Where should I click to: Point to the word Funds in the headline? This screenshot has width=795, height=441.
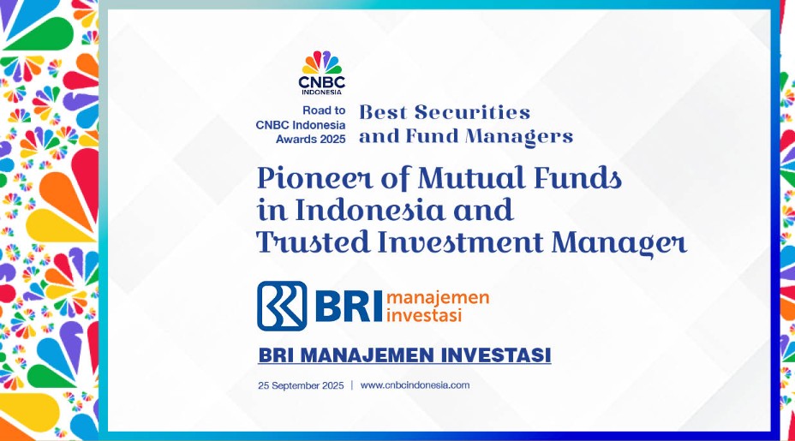pyautogui.click(x=577, y=178)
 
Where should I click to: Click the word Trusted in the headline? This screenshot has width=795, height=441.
pyautogui.click(x=314, y=241)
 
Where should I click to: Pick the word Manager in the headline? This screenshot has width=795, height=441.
pyautogui.click(x=619, y=243)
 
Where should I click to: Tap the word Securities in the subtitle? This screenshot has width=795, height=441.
pyautogui.click(x=472, y=112)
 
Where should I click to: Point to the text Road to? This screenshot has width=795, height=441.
pyautogui.click(x=324, y=110)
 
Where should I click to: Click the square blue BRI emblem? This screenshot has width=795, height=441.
pyautogui.click(x=282, y=306)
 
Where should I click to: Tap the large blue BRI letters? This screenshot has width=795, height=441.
pyautogui.click(x=348, y=307)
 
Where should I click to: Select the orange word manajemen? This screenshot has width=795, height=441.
pyautogui.click(x=438, y=297)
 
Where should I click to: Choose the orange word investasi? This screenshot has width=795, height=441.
pyautogui.click(x=424, y=315)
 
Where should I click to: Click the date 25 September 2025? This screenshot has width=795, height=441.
pyautogui.click(x=301, y=385)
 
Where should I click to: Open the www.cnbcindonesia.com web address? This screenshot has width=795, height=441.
pyautogui.click(x=415, y=385)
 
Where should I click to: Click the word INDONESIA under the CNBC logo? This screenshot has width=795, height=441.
pyautogui.click(x=321, y=92)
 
